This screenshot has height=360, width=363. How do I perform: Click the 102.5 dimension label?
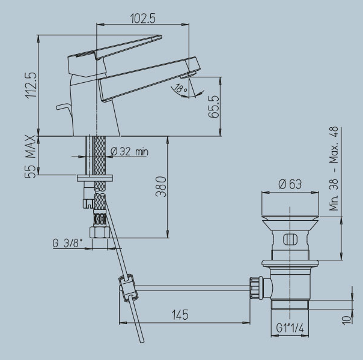point(143,19)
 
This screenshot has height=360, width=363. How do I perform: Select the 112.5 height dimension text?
point(31,85)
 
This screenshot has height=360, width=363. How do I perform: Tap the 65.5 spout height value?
point(214,107)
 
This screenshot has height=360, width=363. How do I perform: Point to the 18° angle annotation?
point(181,89)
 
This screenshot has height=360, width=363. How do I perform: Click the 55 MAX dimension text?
point(30,157)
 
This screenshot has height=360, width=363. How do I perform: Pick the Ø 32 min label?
point(129,152)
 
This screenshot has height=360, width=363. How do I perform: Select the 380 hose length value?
point(161,187)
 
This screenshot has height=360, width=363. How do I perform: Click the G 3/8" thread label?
point(67,243)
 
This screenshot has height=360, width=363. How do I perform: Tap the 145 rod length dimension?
point(180,315)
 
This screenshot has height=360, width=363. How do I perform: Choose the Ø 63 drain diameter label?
point(290,184)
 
